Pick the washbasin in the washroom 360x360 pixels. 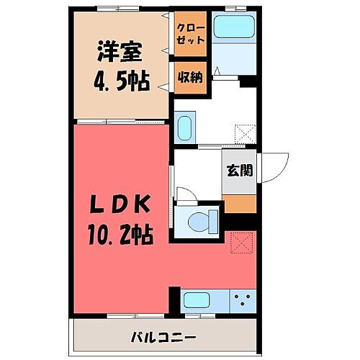pyautogui.click(x=184, y=127)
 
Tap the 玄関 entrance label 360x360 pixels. pyautogui.click(x=239, y=171)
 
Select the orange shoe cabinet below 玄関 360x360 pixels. pyautogui.click(x=239, y=203)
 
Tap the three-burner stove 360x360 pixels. pyautogui.click(x=243, y=300)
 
